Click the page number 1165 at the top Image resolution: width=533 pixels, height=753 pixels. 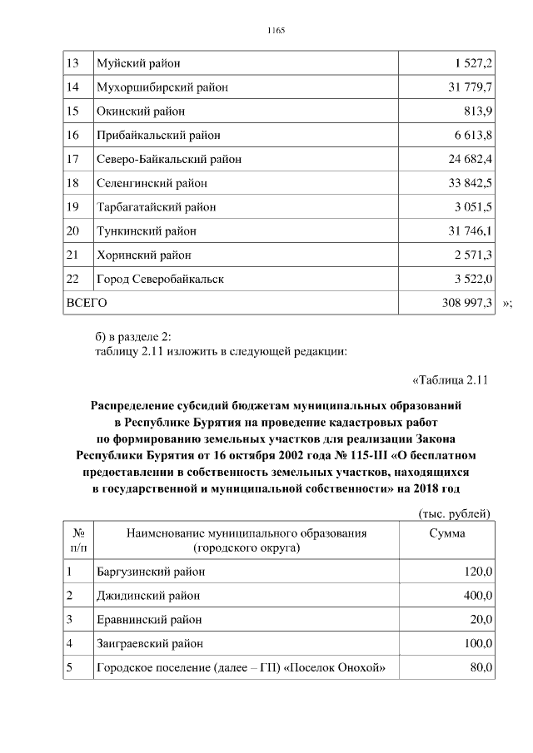coord(276,31)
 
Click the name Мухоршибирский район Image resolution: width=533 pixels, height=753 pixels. coord(162,87)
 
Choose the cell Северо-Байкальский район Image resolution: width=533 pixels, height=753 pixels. coord(169,159)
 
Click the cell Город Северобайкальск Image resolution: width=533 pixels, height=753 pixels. coord(160,279)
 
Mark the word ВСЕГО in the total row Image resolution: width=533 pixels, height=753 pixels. coord(87,304)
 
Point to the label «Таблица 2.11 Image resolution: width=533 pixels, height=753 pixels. coord(450,381)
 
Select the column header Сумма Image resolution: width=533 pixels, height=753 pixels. coord(447,533)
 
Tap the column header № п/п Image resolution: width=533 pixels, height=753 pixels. coord(81,541)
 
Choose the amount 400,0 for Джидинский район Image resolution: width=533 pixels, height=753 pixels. coord(478,596)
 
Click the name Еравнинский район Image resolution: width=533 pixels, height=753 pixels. coord(149,620)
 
